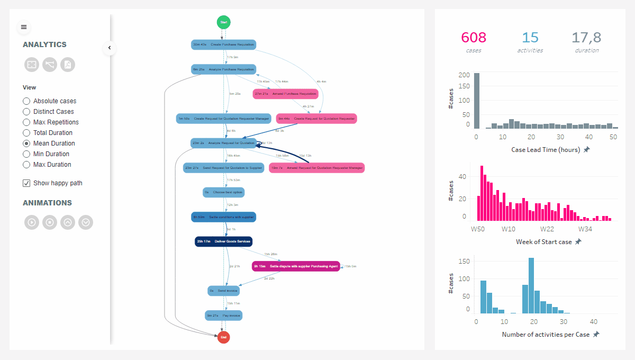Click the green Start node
[224, 22]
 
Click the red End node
[224, 337]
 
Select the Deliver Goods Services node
[224, 241]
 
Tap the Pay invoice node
[224, 316]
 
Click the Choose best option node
[224, 192]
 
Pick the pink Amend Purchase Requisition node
[286, 94]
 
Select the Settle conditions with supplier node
[224, 217]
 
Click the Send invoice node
[224, 291]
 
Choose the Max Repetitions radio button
[26, 122]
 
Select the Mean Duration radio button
[26, 143]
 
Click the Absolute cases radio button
[26, 101]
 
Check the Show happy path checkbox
[26, 183]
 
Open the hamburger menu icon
[24, 27]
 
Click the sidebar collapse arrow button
[110, 48]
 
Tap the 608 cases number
[474, 38]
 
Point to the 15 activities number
[530, 38]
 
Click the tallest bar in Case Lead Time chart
[477, 101]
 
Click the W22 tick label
[547, 229]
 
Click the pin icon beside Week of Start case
[578, 241]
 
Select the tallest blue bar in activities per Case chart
[531, 286]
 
